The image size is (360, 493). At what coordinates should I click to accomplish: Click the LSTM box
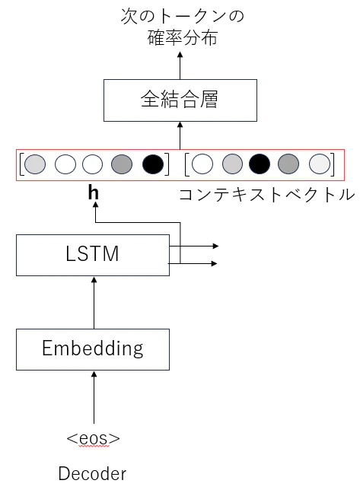[x=93, y=254]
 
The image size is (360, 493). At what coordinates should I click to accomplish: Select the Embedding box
[x=93, y=348]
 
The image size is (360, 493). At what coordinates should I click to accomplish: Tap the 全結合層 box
[x=180, y=100]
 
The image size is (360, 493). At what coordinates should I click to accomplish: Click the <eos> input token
[x=93, y=438]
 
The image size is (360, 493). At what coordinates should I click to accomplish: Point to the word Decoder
[x=93, y=475]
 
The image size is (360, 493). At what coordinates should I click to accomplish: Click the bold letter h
[x=93, y=193]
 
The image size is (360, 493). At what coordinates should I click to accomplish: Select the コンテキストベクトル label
[x=266, y=195]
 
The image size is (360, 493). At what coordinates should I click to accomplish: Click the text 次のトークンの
[x=182, y=15]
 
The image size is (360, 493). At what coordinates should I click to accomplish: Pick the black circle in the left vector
[x=152, y=164]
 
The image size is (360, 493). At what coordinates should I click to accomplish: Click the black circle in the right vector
[x=260, y=164]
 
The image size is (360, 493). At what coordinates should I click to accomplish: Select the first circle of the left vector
[x=36, y=164]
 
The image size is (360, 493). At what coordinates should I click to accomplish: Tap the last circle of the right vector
[x=319, y=164]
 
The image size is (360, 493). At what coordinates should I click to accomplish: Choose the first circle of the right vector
[x=202, y=164]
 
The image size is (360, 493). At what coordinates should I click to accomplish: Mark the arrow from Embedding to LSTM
[x=94, y=301]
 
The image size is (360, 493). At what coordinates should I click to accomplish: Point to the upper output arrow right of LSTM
[x=198, y=247]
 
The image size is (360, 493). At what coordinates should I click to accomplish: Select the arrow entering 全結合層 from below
[x=180, y=135]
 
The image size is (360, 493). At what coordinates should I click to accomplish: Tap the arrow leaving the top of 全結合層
[x=180, y=65]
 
